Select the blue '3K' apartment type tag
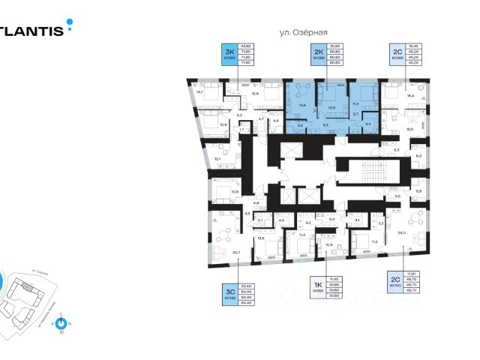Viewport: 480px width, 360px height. tap(227, 55)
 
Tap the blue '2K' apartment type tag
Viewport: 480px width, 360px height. tap(318, 55)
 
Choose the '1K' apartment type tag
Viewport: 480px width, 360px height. tap(317, 286)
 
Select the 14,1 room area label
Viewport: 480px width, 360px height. tap(199, 92)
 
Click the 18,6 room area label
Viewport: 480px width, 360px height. tap(255, 94)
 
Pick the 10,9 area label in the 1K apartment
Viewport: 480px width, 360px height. tap(328, 244)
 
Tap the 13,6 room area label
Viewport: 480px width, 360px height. tap(262, 238)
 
